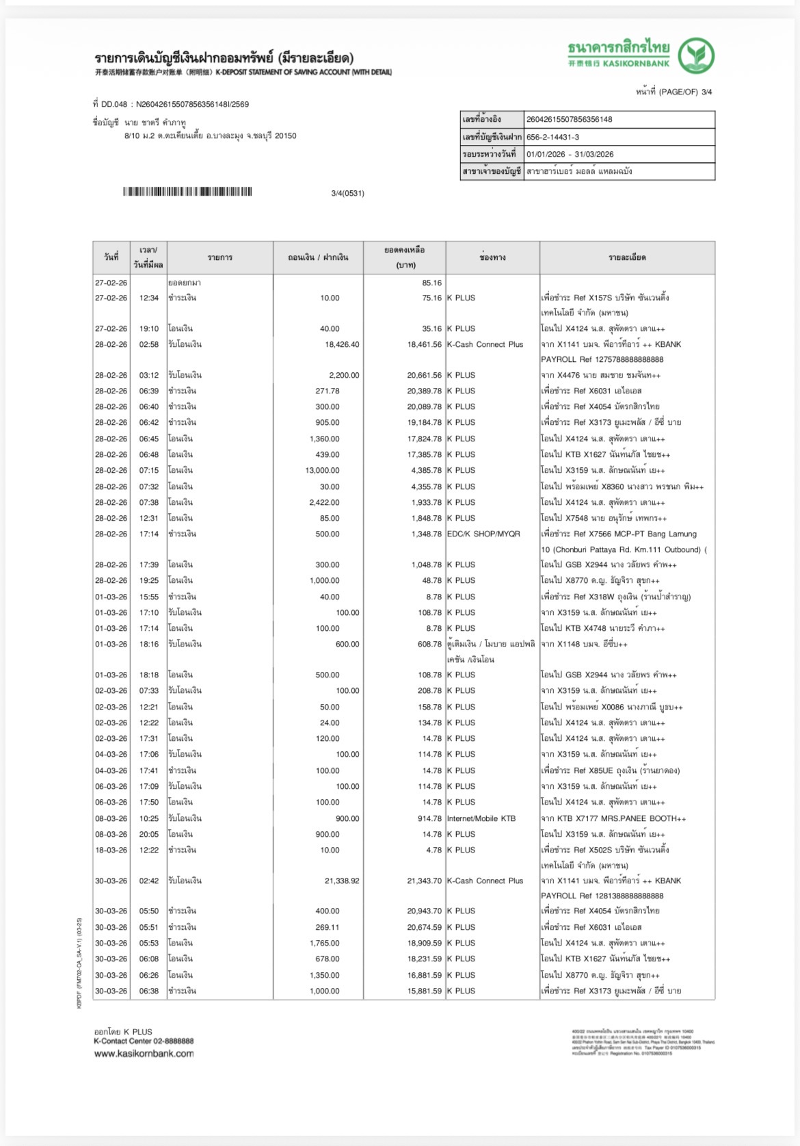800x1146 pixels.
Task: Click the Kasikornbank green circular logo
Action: pos(695,56)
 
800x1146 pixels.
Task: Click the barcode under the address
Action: pos(187,192)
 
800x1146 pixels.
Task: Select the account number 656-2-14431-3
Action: pos(552,137)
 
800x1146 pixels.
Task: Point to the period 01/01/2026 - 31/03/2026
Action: pos(570,154)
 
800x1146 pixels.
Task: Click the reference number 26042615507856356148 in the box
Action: pos(569,119)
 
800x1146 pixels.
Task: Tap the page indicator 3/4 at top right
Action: pos(706,92)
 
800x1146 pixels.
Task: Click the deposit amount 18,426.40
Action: pos(342,344)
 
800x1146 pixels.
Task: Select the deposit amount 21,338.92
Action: pos(342,881)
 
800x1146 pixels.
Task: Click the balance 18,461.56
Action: pos(424,344)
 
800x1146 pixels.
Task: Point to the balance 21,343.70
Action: pos(424,881)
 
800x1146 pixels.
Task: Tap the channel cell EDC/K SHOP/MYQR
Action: pos(483,534)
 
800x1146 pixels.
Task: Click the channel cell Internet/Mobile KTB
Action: pos(481,818)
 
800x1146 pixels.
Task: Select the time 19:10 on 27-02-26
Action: pos(149,328)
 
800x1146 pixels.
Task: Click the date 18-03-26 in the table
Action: pos(111,850)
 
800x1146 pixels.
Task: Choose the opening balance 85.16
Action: pos(431,283)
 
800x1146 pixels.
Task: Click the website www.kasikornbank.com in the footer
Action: pos(144,1054)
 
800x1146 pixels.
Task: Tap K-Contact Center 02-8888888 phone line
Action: pos(144,1041)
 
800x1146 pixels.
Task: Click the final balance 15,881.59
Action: pos(424,991)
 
